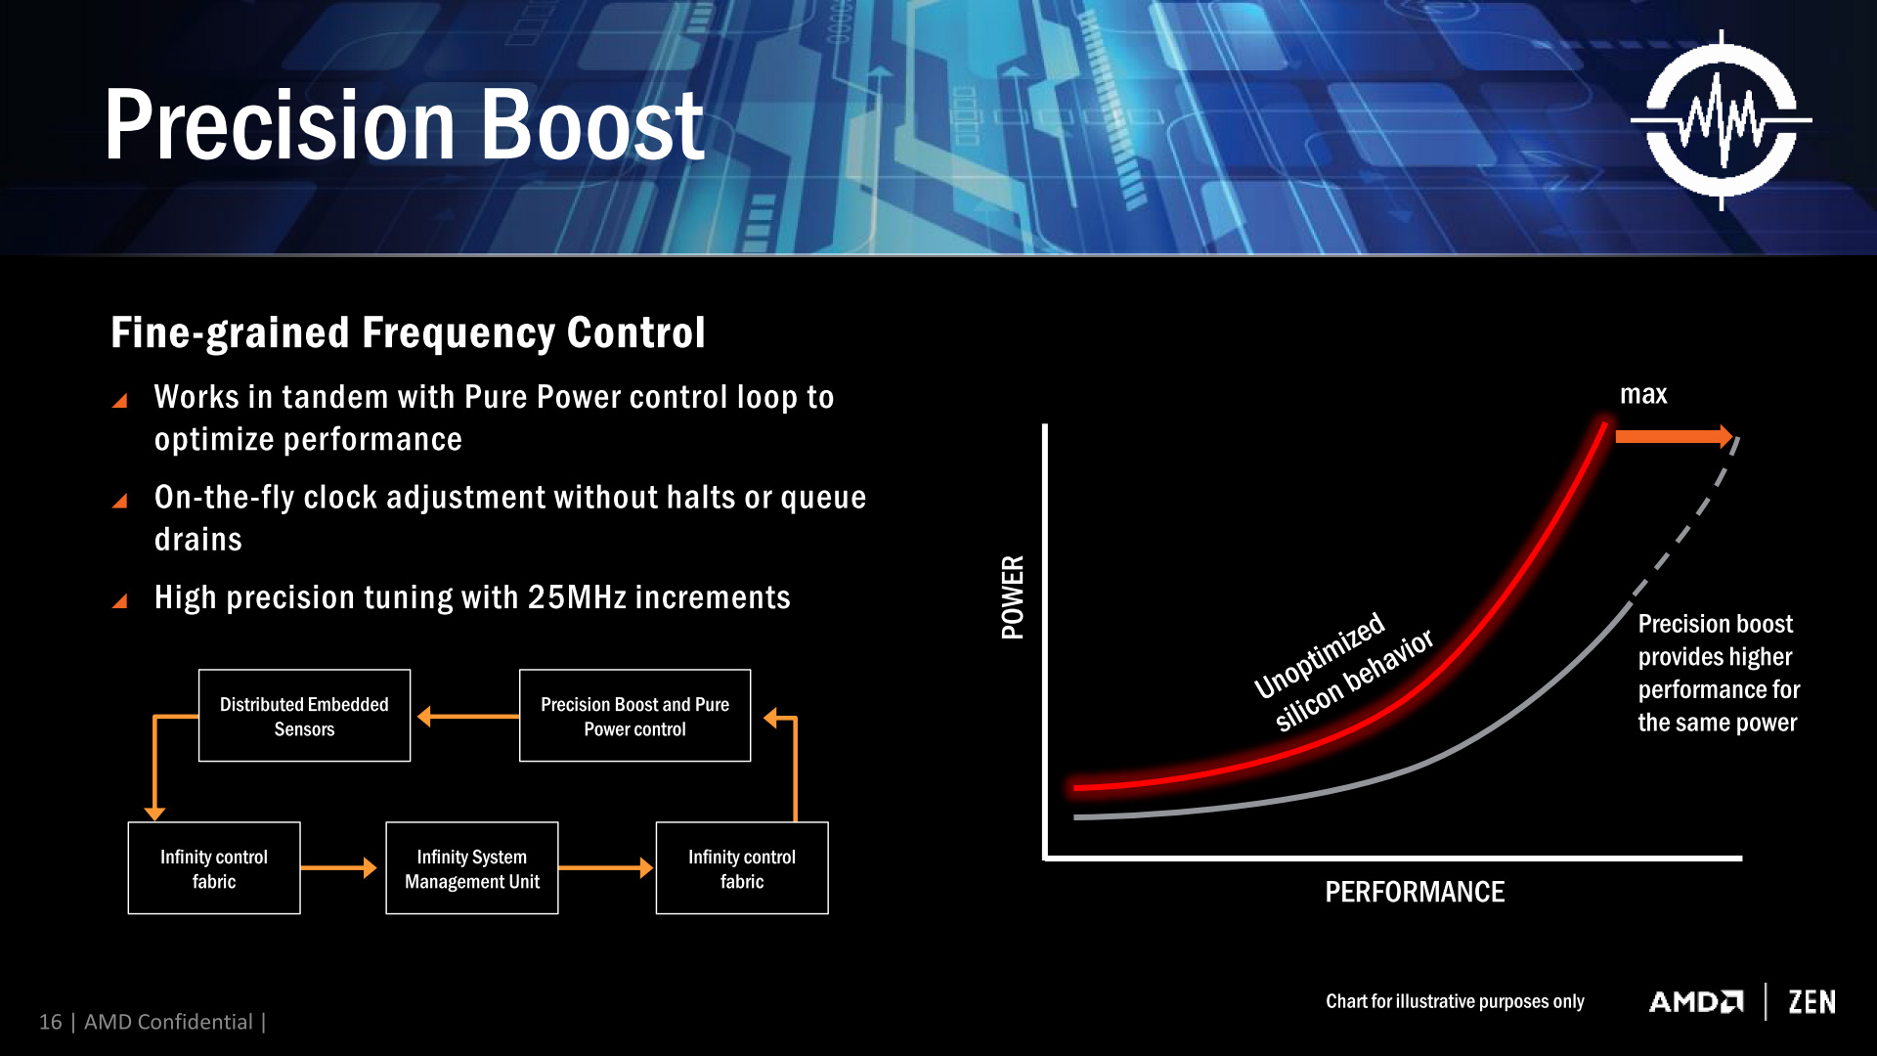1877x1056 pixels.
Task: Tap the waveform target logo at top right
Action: [1722, 120]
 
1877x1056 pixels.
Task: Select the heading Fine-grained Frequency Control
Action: [408, 332]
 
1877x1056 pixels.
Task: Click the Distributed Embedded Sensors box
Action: [304, 716]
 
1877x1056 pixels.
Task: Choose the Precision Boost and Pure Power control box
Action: [634, 716]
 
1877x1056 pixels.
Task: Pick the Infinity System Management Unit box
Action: [472, 868]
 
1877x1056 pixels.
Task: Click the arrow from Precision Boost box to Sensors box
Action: [467, 717]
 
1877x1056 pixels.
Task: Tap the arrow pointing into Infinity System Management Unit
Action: [338, 867]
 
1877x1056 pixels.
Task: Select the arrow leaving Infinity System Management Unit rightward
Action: [605, 867]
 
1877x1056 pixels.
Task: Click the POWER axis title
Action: [1013, 597]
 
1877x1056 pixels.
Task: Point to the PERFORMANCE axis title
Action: [1415, 892]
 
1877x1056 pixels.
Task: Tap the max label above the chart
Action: [1643, 394]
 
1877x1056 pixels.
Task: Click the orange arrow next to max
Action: [1674, 436]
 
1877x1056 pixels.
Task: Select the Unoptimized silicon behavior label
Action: [1343, 672]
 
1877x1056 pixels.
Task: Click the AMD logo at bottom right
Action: [1696, 1002]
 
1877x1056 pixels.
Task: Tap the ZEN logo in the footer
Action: [1812, 1002]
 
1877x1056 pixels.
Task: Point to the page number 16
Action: [50, 1022]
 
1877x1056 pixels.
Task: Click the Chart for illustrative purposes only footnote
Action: [1455, 1001]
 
